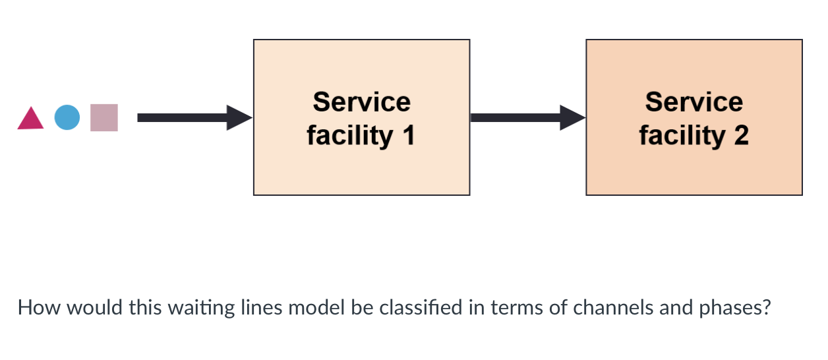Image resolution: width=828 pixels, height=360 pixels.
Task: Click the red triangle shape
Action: click(x=30, y=120)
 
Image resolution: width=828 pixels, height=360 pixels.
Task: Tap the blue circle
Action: click(x=67, y=117)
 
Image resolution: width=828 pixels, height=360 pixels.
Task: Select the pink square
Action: click(x=104, y=117)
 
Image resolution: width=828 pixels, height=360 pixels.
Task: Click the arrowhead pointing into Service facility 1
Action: click(x=239, y=117)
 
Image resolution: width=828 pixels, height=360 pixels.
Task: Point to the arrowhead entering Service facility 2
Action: click(x=572, y=117)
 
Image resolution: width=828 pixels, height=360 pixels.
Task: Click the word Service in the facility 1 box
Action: click(x=361, y=102)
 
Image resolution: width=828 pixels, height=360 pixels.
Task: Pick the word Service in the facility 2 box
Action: click(x=694, y=102)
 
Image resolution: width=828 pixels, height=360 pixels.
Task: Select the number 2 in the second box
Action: click(x=740, y=135)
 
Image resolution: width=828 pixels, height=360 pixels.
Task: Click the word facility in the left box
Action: click(x=349, y=135)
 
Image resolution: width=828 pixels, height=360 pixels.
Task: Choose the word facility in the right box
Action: click(x=682, y=135)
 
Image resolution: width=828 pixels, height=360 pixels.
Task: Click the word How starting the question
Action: click(x=33, y=307)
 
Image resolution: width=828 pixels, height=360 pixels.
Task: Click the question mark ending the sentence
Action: click(x=765, y=307)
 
